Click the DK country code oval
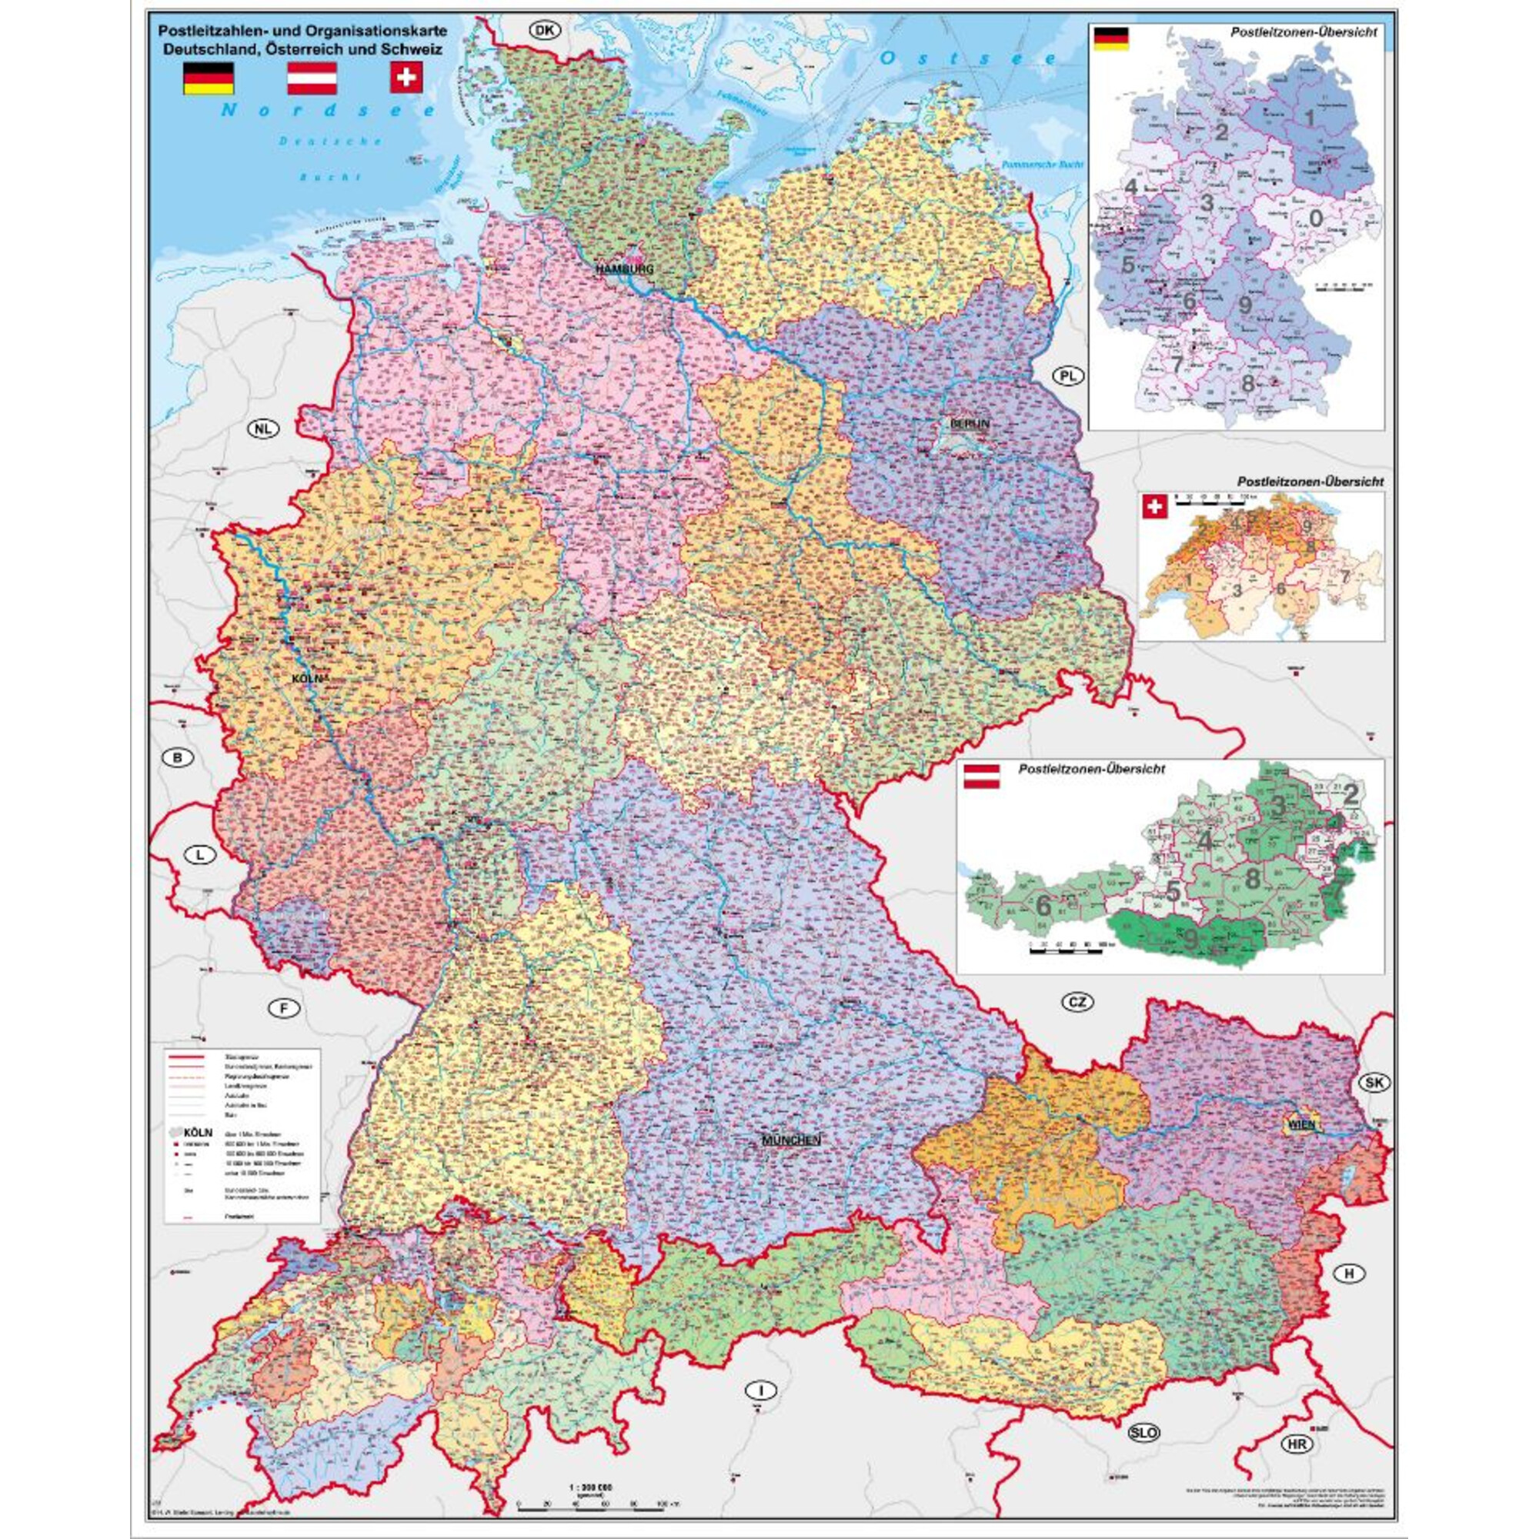[x=544, y=31]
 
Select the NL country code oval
[x=264, y=429]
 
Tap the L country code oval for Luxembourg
[x=201, y=856]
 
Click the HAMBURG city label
[x=625, y=269]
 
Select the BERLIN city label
[x=970, y=424]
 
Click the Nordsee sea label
[x=329, y=111]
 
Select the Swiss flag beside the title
[x=407, y=78]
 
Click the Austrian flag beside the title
[x=312, y=78]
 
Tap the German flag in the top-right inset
[x=1111, y=38]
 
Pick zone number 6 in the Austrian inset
[x=1043, y=905]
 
